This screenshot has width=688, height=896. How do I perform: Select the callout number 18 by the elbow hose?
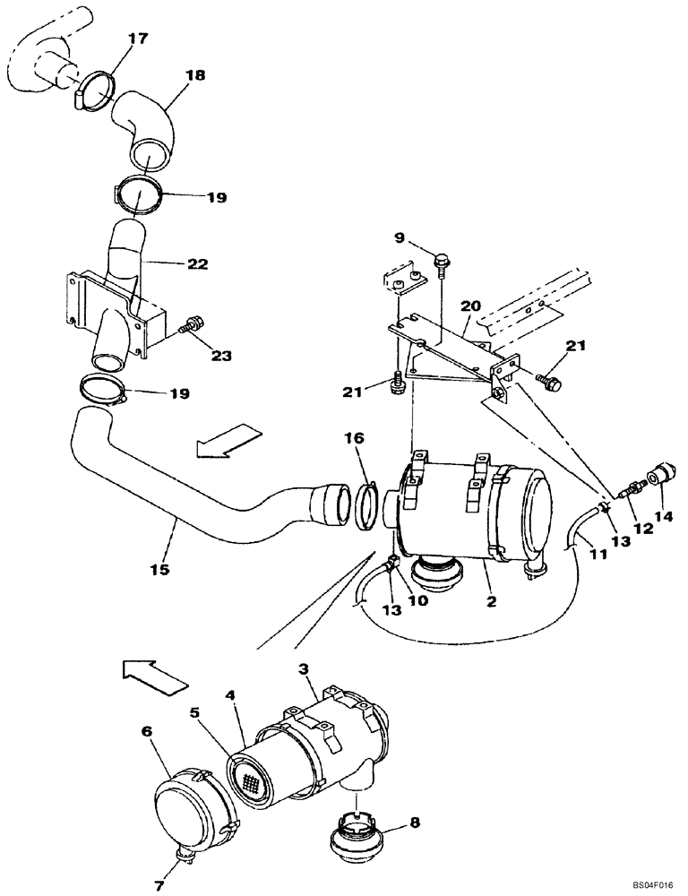click(195, 76)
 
